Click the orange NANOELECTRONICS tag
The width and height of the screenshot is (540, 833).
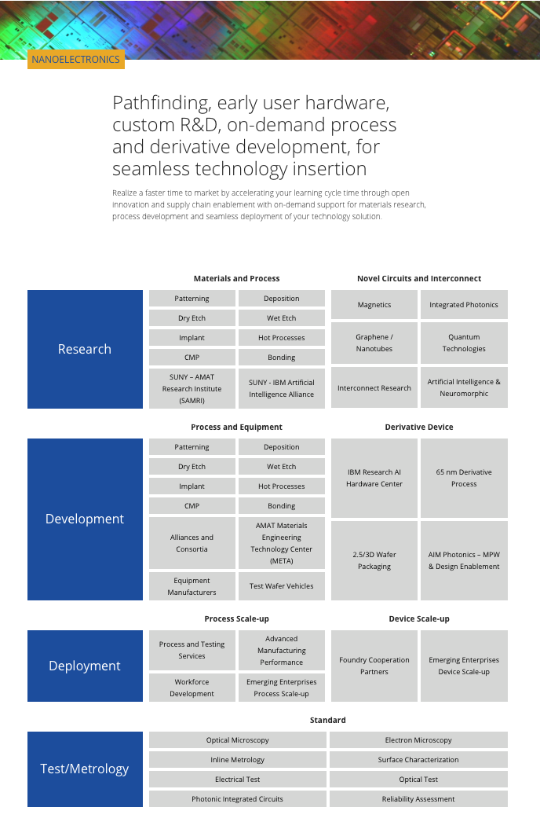pyautogui.click(x=76, y=59)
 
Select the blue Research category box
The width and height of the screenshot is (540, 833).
pyautogui.click(x=85, y=349)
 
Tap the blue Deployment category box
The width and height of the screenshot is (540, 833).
pyautogui.click(x=85, y=666)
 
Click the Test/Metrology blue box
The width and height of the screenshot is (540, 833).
pyautogui.click(x=85, y=769)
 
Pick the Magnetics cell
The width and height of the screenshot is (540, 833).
pyautogui.click(x=374, y=304)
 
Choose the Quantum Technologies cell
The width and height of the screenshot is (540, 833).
pyautogui.click(x=464, y=343)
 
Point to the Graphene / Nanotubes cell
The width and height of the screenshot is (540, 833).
pyautogui.click(x=374, y=343)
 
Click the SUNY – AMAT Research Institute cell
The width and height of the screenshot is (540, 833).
pyautogui.click(x=192, y=388)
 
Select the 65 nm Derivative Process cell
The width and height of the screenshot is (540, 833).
pyautogui.click(x=464, y=478)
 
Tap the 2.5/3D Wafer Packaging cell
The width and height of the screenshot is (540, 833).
pyautogui.click(x=374, y=560)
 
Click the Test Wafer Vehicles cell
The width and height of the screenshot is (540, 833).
pyautogui.click(x=282, y=586)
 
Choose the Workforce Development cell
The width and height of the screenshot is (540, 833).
pyautogui.click(x=192, y=688)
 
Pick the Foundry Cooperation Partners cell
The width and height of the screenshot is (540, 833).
pyautogui.click(x=374, y=666)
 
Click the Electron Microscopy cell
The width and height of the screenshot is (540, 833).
pyautogui.click(x=418, y=740)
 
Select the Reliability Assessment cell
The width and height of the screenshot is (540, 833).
pyautogui.click(x=418, y=799)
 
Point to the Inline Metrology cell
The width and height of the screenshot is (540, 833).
pyautogui.click(x=238, y=760)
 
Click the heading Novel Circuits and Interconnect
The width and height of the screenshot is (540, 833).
pyautogui.click(x=419, y=278)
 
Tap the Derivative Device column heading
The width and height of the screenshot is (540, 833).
pyautogui.click(x=419, y=428)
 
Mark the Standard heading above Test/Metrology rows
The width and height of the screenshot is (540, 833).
pyautogui.click(x=328, y=720)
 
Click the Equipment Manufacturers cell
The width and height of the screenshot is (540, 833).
pyautogui.click(x=192, y=586)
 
